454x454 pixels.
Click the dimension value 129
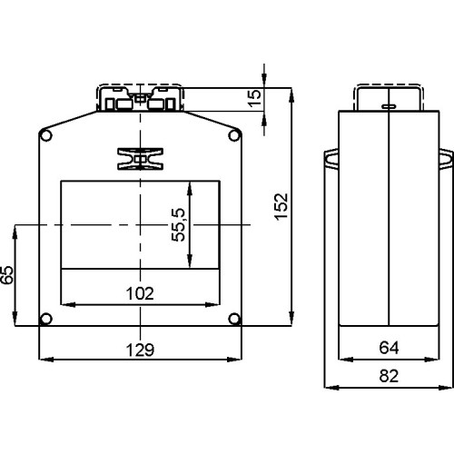tap(139, 350)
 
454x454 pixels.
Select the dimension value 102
tap(139, 292)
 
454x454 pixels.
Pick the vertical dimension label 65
tap(8, 274)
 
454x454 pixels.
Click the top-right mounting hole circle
tap(234, 136)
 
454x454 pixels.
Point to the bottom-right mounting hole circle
tap(234, 318)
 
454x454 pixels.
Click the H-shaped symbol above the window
tap(140, 158)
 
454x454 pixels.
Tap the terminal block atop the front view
tap(140, 98)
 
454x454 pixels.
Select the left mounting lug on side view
tap(331, 160)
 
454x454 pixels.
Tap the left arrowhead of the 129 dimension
tap(45, 360)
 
